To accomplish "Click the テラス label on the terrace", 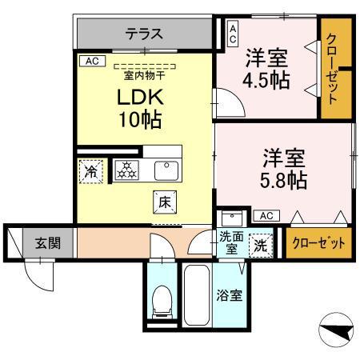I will (144, 34).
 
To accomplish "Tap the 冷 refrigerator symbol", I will (90, 170).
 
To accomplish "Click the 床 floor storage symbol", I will (163, 203).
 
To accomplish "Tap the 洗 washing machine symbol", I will (261, 244).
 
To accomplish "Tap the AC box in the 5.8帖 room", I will (265, 215).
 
